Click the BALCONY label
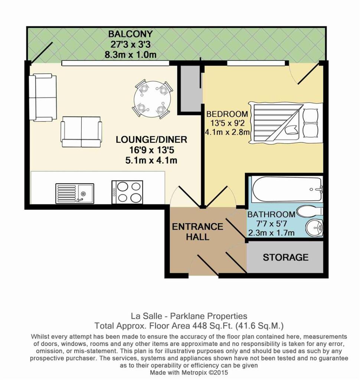point(130,34)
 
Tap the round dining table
point(153,99)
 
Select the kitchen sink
point(75,193)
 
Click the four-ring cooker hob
point(127,192)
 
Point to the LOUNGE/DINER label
point(151,140)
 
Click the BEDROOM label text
point(227,114)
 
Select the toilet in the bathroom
point(310,212)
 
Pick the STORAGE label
point(285,257)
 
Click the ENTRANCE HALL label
point(197,232)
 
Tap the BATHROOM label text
point(271,214)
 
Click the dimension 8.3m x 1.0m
point(130,55)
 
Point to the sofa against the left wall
point(43,97)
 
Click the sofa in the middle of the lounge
point(81,132)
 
